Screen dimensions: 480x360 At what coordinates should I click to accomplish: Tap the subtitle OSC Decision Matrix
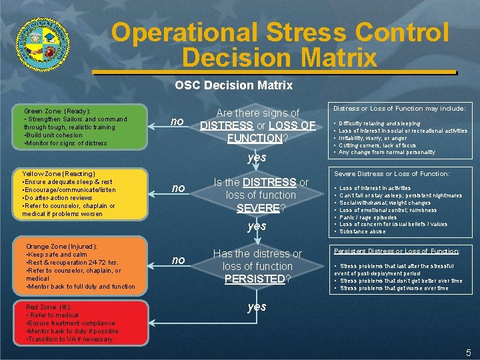click(233, 85)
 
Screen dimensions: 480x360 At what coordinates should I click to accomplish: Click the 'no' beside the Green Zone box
click(177, 121)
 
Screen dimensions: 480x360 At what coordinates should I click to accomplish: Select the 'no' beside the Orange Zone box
click(177, 260)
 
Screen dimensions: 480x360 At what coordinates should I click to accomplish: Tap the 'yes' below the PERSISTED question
click(257, 307)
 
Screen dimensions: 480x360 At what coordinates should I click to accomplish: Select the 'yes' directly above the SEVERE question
click(257, 157)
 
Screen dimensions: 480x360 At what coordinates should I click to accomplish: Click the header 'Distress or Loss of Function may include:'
click(399, 109)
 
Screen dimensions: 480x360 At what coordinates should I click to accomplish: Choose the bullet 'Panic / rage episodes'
click(368, 217)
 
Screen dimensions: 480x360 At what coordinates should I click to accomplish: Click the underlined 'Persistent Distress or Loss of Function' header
click(396, 251)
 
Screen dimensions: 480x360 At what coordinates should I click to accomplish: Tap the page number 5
click(468, 352)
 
